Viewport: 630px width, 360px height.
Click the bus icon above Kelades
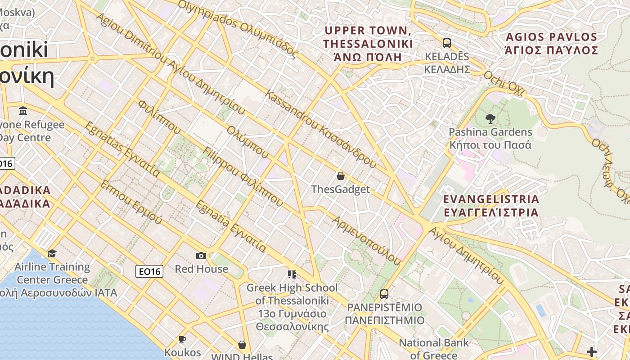click(446, 43)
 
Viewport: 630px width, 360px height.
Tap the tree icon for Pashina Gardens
click(490, 119)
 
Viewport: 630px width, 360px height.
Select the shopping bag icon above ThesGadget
click(341, 176)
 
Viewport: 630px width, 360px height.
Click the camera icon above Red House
click(201, 256)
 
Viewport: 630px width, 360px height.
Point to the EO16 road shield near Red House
click(149, 271)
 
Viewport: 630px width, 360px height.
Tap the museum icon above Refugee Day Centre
click(23, 111)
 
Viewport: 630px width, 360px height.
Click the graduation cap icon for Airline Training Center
click(52, 253)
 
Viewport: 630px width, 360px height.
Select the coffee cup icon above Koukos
click(182, 339)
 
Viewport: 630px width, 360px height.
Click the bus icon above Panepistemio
click(384, 294)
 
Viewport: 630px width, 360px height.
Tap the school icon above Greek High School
click(292, 274)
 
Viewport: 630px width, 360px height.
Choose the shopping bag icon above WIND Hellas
click(242, 345)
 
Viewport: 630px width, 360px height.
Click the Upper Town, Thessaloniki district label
click(368, 44)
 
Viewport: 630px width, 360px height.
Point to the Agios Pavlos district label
click(551, 43)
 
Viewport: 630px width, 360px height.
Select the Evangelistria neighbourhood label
click(491, 205)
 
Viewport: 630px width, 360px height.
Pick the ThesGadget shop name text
click(341, 189)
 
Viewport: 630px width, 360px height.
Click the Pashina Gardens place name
click(490, 139)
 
